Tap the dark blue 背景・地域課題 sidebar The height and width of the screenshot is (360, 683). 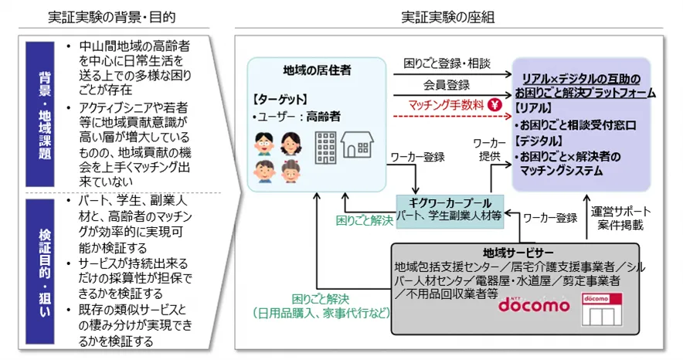[x=46, y=113]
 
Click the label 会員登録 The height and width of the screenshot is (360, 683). [x=446, y=83]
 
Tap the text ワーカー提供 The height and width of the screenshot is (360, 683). [x=488, y=148]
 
